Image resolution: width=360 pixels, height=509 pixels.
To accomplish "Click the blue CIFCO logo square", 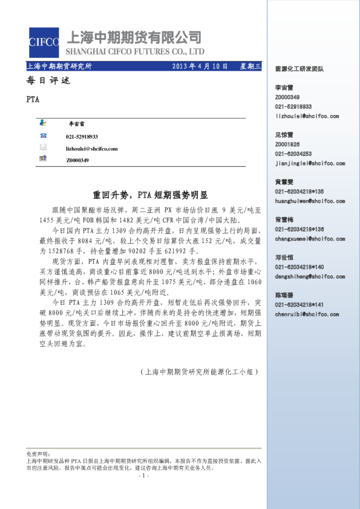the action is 43,42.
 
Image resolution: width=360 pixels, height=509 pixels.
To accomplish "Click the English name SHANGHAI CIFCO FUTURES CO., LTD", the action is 134,51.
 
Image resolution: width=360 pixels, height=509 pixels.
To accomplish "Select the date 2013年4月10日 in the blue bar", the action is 200,66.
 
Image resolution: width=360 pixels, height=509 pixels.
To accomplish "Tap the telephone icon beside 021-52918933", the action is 43,136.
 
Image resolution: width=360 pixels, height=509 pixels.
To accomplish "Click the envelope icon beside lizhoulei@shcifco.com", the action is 43,148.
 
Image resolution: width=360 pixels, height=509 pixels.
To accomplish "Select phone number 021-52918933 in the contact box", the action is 82,137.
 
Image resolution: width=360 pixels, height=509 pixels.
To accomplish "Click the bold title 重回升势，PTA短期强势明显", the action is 150,195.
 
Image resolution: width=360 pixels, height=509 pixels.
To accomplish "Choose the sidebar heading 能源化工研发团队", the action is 299,69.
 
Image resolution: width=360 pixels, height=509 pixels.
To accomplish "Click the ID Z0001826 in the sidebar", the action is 287,144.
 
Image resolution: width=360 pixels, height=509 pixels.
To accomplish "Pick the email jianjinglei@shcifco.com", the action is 310,163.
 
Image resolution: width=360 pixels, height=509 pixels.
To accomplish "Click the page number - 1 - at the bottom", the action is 143,476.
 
